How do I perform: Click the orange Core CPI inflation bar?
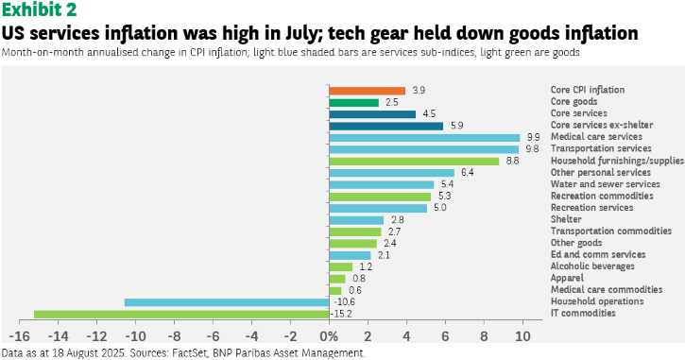click(368, 91)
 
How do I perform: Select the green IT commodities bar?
click(181, 314)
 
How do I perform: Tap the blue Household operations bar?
click(227, 302)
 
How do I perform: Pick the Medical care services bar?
click(424, 138)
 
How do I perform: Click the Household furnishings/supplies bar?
click(414, 162)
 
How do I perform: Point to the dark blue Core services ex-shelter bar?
click(386, 127)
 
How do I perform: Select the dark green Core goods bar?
click(354, 103)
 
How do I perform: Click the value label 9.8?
click(532, 149)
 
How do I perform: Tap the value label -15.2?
click(341, 314)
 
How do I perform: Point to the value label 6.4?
click(467, 173)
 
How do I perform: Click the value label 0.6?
click(354, 290)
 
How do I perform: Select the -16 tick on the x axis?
click(19, 336)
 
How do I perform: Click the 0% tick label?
click(329, 336)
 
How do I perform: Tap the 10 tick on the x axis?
click(522, 336)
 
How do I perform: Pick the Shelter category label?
click(566, 219)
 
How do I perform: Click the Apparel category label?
click(567, 279)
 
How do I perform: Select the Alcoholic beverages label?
click(592, 266)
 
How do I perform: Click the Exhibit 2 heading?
click(40, 9)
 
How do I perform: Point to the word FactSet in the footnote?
click(183, 353)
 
